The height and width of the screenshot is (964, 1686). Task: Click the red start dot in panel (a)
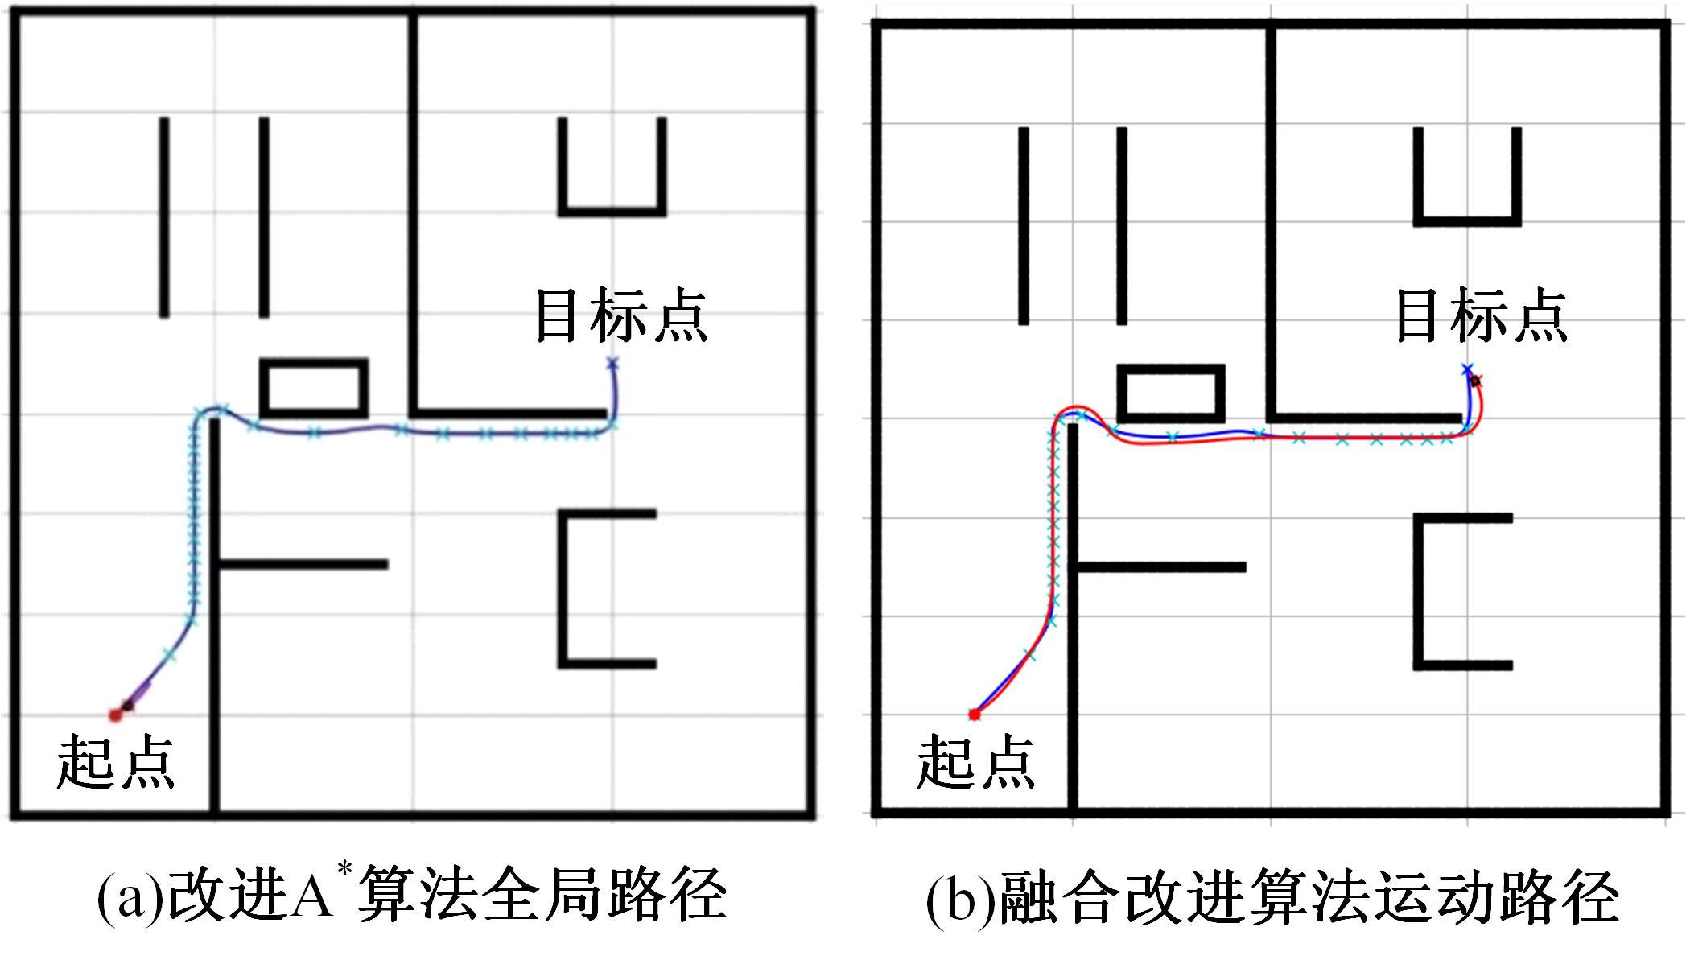[x=115, y=715]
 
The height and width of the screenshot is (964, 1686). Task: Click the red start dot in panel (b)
[x=974, y=715]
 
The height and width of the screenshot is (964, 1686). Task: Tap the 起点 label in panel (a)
[x=115, y=761]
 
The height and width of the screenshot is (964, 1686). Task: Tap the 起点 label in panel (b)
[x=975, y=761]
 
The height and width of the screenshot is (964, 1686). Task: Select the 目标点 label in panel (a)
[x=620, y=316]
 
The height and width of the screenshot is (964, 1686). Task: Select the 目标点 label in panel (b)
[x=1481, y=316]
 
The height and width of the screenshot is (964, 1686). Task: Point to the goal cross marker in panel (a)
[x=612, y=364]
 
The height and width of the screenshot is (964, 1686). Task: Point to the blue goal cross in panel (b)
[x=1467, y=369]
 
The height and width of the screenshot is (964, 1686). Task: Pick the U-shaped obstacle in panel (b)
[x=1467, y=220]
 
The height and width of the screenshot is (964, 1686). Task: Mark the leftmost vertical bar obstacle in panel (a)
[x=164, y=217]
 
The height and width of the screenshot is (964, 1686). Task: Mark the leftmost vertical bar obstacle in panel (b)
[x=1024, y=226]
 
